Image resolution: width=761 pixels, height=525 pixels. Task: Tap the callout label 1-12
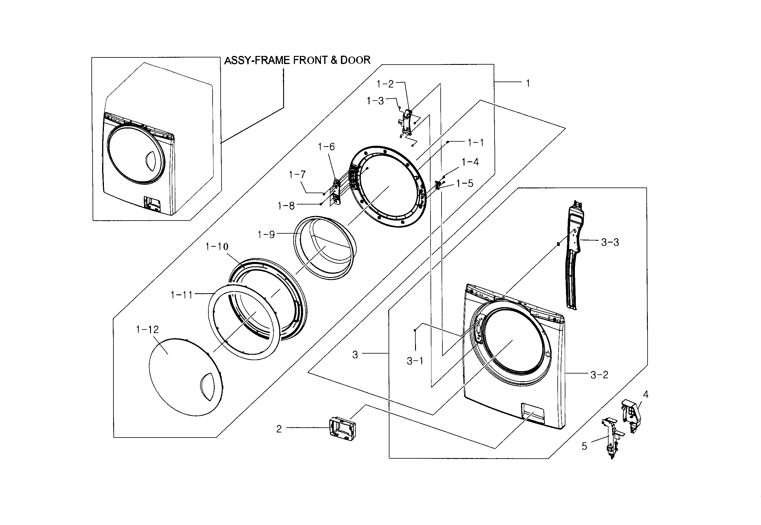point(147,329)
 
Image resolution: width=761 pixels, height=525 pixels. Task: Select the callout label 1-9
point(266,235)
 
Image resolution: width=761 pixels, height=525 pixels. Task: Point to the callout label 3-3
point(610,243)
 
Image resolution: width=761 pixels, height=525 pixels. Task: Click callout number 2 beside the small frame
point(279,429)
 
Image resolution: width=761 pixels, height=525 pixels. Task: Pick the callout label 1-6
point(326,147)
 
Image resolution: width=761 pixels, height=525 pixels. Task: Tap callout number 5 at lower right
point(584,446)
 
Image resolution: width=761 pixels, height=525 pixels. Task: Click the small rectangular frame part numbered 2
point(342,428)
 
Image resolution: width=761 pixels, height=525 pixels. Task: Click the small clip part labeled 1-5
point(438,185)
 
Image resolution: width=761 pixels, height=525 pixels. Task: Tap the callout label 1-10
point(217,247)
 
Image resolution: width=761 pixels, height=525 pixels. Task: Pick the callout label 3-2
point(599,375)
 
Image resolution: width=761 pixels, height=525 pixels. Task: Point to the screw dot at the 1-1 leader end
point(448,142)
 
